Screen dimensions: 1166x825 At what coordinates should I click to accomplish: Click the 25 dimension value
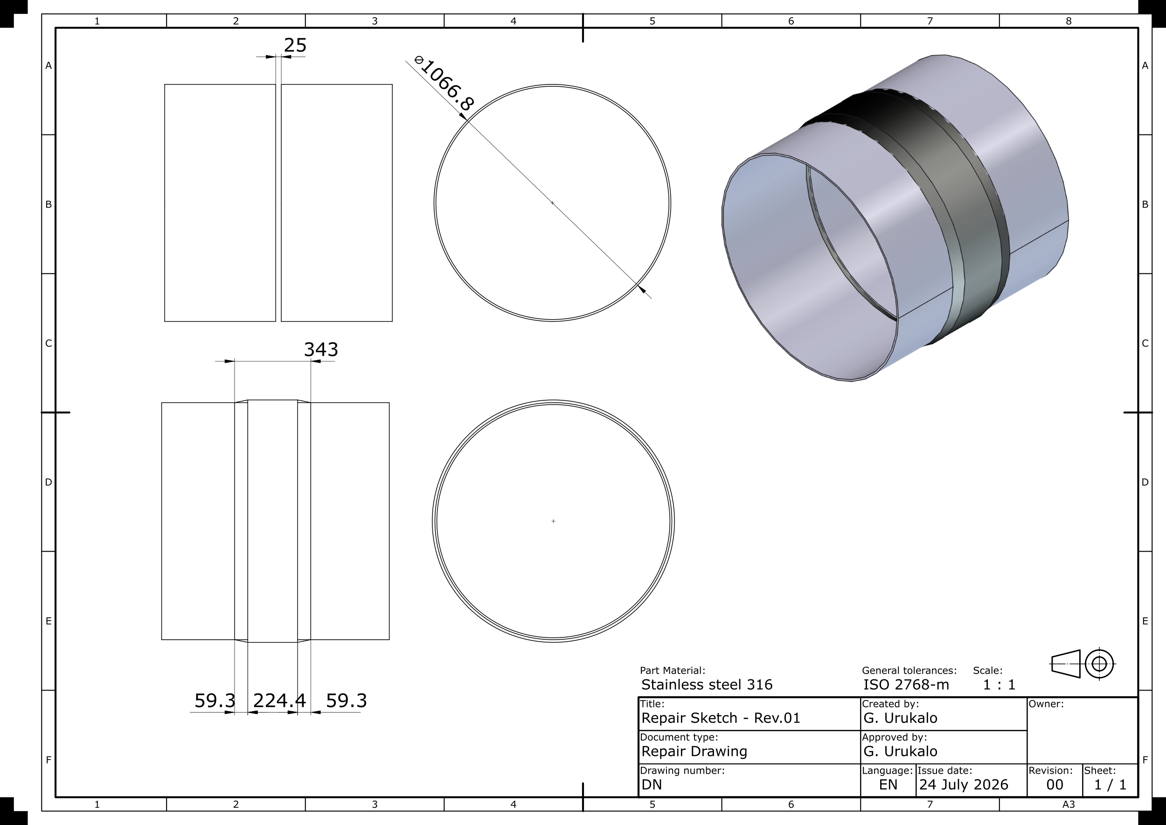coord(295,45)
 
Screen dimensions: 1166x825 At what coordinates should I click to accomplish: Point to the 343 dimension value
coord(321,350)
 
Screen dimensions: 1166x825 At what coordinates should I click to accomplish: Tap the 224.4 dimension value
coord(279,700)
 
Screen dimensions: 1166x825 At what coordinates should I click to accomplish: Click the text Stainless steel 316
coord(707,685)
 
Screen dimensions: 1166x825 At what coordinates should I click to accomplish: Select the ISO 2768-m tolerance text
coord(906,685)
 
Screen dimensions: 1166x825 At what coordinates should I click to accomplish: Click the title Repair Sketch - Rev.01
coord(721,718)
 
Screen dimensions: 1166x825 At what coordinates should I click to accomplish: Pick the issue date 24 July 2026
coord(964,785)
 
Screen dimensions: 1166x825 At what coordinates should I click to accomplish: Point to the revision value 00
coord(1055,785)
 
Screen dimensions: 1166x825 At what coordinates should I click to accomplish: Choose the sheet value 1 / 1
coord(1110,785)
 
